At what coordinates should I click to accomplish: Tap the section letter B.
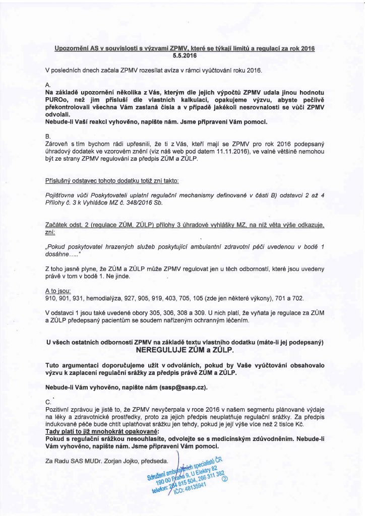(x=48, y=137)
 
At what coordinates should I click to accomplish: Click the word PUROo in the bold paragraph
(x=57, y=101)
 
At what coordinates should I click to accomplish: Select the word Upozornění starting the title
(x=72, y=48)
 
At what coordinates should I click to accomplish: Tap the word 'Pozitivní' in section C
(x=59, y=411)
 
